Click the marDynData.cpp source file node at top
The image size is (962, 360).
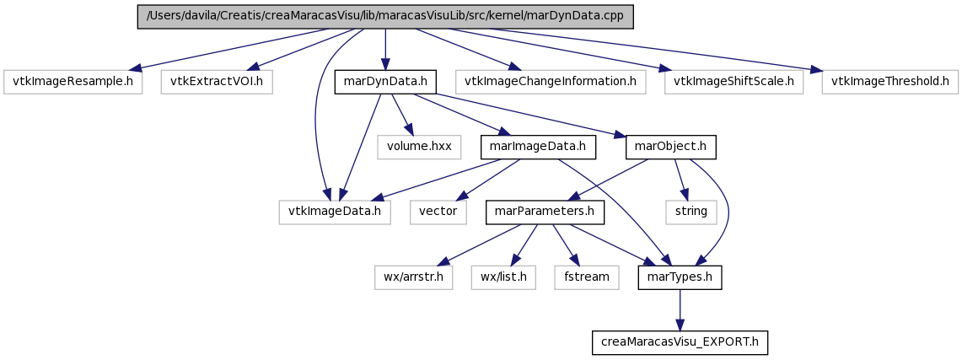click(384, 17)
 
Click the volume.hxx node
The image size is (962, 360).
click(418, 148)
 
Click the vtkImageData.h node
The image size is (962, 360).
click(335, 212)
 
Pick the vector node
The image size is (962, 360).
click(438, 212)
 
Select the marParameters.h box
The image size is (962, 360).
click(545, 212)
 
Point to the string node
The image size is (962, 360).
click(691, 212)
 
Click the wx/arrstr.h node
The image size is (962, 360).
click(413, 278)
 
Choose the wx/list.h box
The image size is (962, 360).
click(503, 278)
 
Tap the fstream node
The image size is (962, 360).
click(587, 278)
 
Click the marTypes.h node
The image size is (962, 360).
click(680, 278)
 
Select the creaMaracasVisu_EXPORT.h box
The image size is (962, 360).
click(680, 343)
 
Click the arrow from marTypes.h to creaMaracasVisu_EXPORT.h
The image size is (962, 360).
click(680, 310)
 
